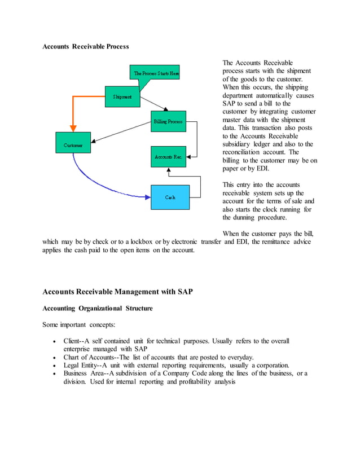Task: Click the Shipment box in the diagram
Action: (x=122, y=97)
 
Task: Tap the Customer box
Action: (x=73, y=145)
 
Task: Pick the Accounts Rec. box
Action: (x=168, y=156)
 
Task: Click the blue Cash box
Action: (x=170, y=197)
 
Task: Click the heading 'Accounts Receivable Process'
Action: (x=86, y=46)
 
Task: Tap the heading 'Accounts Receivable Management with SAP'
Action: (x=117, y=292)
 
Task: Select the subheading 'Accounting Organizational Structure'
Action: (x=97, y=309)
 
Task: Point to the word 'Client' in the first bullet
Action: (x=71, y=341)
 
